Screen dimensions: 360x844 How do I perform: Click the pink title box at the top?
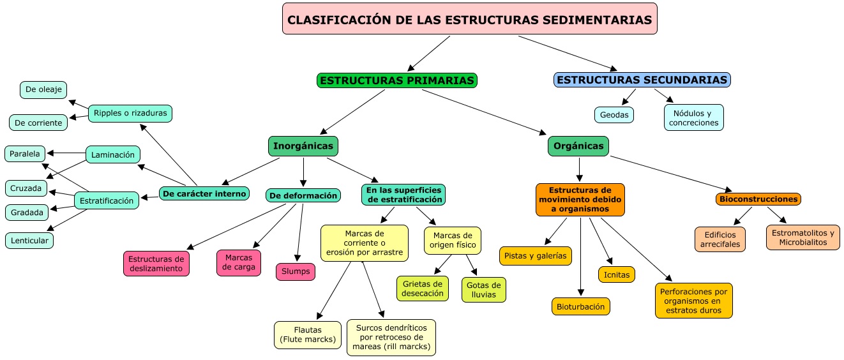pyautogui.click(x=469, y=19)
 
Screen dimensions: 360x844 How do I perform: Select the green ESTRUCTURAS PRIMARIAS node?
pyautogui.click(x=396, y=80)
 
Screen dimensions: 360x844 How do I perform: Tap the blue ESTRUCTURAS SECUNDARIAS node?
pyautogui.click(x=642, y=80)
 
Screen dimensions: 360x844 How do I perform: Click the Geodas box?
pyautogui.click(x=614, y=115)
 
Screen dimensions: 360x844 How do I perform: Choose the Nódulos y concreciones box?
pyautogui.click(x=693, y=117)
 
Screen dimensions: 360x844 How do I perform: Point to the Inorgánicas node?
pyautogui.click(x=303, y=146)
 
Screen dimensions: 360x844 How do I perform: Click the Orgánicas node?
pyautogui.click(x=578, y=146)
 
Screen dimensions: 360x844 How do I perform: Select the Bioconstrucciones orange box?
pyautogui.click(x=758, y=199)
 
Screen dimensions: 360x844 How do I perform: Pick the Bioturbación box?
pyautogui.click(x=580, y=306)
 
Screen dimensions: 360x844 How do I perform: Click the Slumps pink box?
pyautogui.click(x=295, y=271)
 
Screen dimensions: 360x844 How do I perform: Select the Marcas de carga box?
pyautogui.click(x=239, y=262)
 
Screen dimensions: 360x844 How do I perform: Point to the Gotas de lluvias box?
pyautogui.click(x=483, y=289)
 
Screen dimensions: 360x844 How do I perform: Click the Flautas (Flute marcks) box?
pyautogui.click(x=307, y=335)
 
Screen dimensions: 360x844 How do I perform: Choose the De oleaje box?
pyautogui.click(x=43, y=90)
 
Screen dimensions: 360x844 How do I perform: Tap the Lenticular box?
pyautogui.click(x=29, y=240)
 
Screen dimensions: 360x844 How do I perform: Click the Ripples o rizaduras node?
pyautogui.click(x=130, y=113)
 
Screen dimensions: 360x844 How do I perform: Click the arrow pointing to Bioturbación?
pyautogui.click(x=580, y=255)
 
